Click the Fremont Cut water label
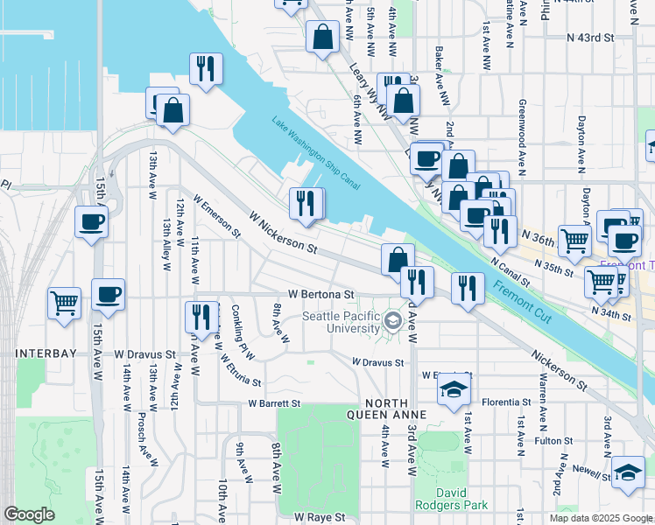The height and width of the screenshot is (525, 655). point(521,301)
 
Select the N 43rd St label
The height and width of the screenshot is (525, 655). point(591,38)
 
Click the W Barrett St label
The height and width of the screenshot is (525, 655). point(274,403)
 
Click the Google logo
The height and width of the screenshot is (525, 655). point(29,514)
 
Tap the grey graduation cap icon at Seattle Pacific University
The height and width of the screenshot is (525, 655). point(394,322)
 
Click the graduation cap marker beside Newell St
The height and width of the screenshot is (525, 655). point(628,473)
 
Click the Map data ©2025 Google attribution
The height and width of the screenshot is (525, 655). point(601,518)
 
